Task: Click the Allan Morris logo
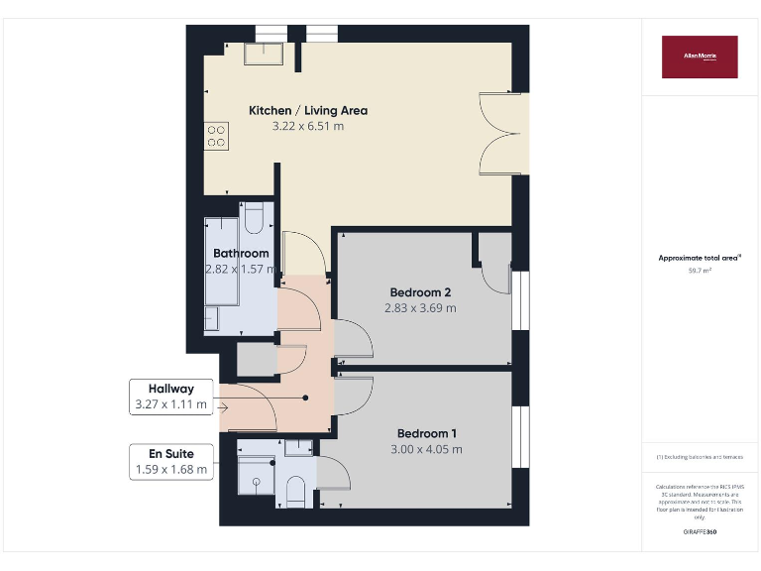coord(700,57)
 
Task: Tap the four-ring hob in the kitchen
coord(216,136)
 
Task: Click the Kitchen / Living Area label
coord(308,110)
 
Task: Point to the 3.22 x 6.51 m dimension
coord(308,126)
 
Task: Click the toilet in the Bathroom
coord(253,215)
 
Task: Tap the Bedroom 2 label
coord(420,292)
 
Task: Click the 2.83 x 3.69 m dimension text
coord(420,308)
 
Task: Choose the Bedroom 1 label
coord(427,433)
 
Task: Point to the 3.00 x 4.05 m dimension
coord(427,449)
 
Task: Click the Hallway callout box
coord(170,397)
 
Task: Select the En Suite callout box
coord(170,462)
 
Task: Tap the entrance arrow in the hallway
coord(225,406)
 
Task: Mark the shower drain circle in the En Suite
coord(257,483)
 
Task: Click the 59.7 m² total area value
coord(700,270)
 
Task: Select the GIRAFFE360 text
coord(700,532)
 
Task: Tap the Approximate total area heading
coord(700,258)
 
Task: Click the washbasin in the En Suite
coord(297,448)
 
